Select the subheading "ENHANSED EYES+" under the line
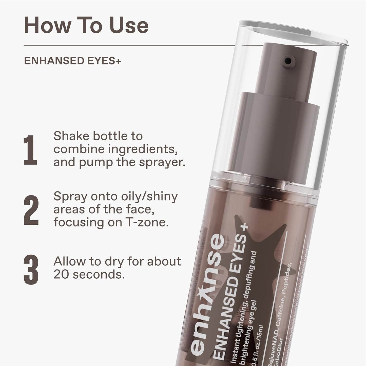[x=73, y=61]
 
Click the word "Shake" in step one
[x=71, y=136]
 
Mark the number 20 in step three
[x=61, y=275]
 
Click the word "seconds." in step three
[x=99, y=275]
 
